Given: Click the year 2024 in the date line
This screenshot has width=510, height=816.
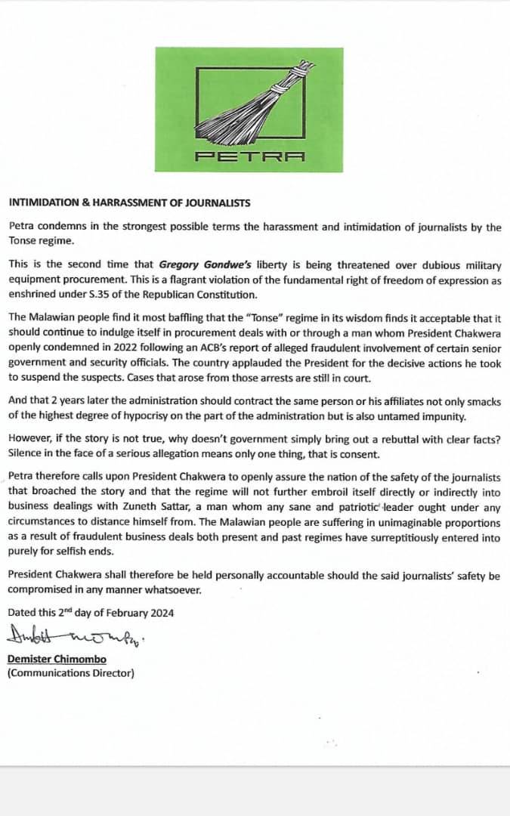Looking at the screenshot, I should click(x=162, y=613).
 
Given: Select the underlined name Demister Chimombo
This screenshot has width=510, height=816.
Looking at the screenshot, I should click(x=57, y=660).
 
